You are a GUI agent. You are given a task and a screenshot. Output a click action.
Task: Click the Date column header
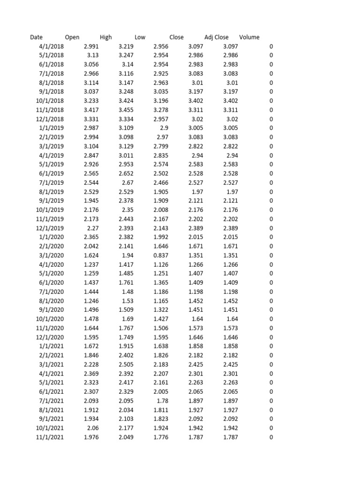point(36,37)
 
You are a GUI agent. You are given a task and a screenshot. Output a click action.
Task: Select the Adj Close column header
point(217,37)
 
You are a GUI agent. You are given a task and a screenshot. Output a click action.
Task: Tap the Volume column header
point(249,37)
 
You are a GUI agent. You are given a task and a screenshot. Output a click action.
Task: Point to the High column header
point(106,37)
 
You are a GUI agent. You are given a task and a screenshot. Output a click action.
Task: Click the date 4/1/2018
point(52,46)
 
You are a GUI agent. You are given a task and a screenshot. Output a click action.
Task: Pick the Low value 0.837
point(161,255)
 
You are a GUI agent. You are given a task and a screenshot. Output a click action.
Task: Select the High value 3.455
point(126,110)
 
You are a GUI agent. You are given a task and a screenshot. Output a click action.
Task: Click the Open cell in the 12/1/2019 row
point(92,228)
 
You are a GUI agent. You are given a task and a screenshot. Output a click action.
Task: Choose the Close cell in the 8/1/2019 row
point(198,192)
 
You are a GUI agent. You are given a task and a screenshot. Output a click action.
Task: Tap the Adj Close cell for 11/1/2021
point(231,437)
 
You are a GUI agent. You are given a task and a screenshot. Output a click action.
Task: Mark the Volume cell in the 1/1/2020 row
point(271,237)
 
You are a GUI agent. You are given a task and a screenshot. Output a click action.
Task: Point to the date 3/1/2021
point(52,365)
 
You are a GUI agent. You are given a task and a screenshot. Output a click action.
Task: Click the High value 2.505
point(126,365)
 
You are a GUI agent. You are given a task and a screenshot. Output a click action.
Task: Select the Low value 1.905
point(161,192)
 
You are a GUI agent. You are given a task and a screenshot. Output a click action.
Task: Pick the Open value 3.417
point(91,110)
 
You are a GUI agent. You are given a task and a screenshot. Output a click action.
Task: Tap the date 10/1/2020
point(50,319)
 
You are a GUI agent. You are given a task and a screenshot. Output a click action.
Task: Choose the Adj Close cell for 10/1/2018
point(231,101)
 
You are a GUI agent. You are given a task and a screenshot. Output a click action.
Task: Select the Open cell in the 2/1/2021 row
point(91,355)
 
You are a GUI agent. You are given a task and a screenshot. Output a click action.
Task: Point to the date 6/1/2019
point(52,174)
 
